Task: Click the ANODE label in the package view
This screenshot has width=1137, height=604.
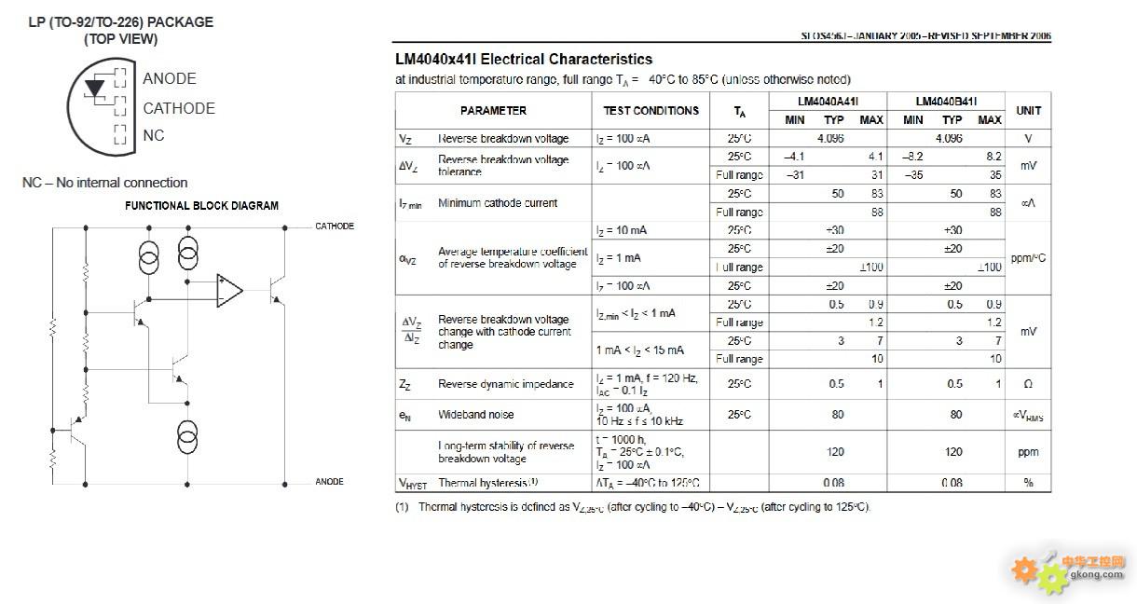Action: [x=170, y=79]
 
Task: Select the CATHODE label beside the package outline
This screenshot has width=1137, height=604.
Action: [x=179, y=108]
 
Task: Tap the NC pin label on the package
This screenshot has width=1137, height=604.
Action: [x=154, y=135]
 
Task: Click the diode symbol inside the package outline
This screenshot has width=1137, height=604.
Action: [x=95, y=89]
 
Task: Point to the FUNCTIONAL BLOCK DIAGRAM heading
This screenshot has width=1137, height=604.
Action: [x=201, y=206]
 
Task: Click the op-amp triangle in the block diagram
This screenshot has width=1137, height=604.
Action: [x=229, y=290]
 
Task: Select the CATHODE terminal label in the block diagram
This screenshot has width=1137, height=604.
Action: [x=335, y=226]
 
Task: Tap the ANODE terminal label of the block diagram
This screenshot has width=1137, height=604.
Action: [x=329, y=482]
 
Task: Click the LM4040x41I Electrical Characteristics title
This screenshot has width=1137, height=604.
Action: [x=524, y=60]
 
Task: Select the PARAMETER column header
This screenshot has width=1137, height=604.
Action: [x=493, y=111]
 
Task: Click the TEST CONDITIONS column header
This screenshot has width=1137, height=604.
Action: [x=651, y=111]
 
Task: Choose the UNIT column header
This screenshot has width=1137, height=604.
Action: [x=1028, y=111]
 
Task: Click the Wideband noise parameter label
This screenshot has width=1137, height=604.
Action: [x=475, y=415]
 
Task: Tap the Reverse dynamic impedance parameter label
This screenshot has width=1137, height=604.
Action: [x=506, y=384]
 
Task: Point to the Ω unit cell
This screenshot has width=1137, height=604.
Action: [x=1028, y=384]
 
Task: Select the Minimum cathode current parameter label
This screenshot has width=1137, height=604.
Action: [x=498, y=203]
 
